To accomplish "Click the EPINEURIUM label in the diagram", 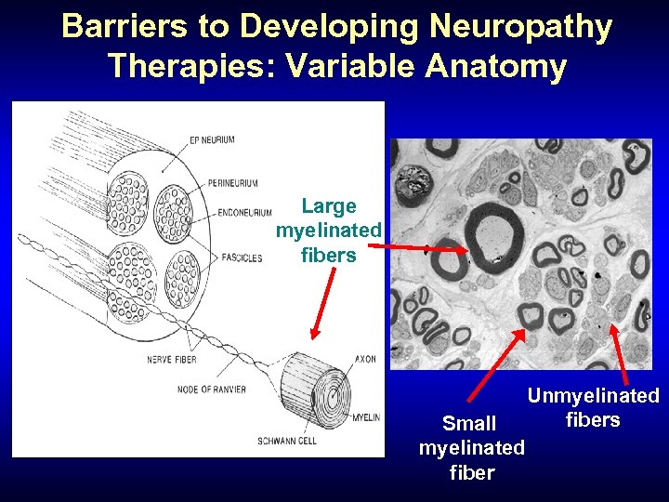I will [x=211, y=139].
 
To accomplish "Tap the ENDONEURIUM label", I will [x=243, y=213].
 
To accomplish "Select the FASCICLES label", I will [x=242, y=258].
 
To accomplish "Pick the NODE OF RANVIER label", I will [x=211, y=390].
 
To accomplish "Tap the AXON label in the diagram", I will [x=364, y=359].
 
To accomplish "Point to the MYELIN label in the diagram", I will [x=365, y=417].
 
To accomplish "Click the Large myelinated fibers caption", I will [x=329, y=230].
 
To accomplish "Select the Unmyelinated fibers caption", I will [x=593, y=407].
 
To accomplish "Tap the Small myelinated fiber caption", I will [x=471, y=448].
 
